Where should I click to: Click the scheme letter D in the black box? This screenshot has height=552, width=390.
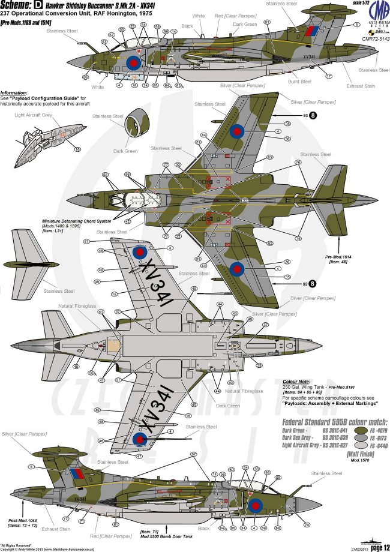point(39,6)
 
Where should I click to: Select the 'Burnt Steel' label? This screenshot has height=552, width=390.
point(301,81)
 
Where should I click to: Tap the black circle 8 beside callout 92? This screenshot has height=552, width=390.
point(312,280)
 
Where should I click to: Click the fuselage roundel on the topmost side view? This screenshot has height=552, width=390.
point(133,61)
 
